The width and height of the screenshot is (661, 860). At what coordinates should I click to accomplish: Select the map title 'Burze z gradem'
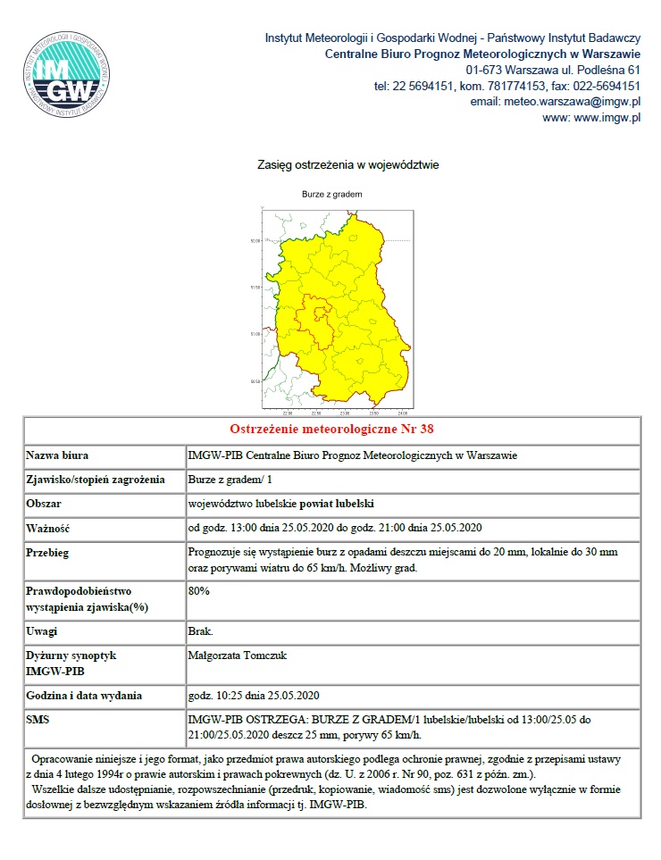click(x=331, y=194)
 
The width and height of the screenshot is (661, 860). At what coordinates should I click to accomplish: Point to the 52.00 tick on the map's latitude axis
click(x=255, y=241)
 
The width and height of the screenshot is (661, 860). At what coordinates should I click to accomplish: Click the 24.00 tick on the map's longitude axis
click(x=402, y=413)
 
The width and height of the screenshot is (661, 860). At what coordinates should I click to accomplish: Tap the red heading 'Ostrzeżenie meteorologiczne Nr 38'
click(x=331, y=430)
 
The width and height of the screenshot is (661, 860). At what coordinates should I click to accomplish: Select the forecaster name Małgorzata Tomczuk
click(x=238, y=655)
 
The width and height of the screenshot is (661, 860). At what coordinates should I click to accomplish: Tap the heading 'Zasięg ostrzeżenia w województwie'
click(x=347, y=165)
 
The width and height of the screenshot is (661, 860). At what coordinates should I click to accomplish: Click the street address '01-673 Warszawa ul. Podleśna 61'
click(x=553, y=70)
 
